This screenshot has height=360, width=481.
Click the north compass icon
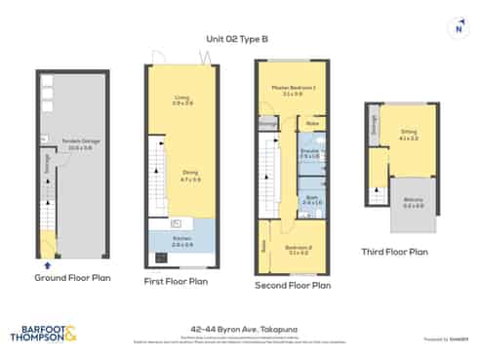460,28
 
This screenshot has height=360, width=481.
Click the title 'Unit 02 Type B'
236,39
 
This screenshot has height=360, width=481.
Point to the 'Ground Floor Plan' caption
73,277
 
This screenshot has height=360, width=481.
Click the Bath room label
311,199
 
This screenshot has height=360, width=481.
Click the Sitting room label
408,138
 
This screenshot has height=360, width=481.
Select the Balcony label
413,204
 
